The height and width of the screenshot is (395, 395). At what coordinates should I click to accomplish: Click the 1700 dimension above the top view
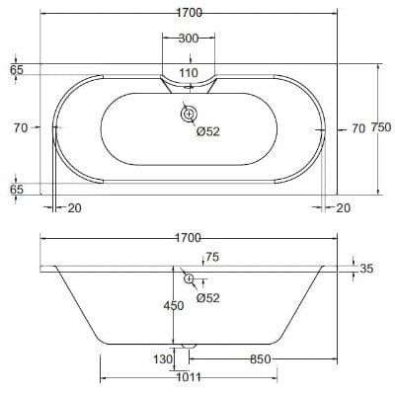(x=190, y=13)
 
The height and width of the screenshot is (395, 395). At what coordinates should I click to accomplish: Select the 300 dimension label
(x=189, y=39)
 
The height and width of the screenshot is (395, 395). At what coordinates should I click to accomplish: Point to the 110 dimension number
(x=189, y=72)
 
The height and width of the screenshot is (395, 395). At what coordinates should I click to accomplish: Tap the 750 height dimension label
(x=381, y=127)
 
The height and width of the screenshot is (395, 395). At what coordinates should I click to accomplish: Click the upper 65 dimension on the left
(x=17, y=70)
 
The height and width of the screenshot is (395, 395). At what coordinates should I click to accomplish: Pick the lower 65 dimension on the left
(x=17, y=190)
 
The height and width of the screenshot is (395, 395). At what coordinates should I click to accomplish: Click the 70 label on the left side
(x=21, y=127)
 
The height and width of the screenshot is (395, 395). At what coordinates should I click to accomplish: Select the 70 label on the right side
(x=358, y=128)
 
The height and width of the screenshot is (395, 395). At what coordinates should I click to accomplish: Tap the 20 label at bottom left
(x=74, y=207)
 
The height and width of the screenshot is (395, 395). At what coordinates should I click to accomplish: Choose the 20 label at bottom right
(x=344, y=207)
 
